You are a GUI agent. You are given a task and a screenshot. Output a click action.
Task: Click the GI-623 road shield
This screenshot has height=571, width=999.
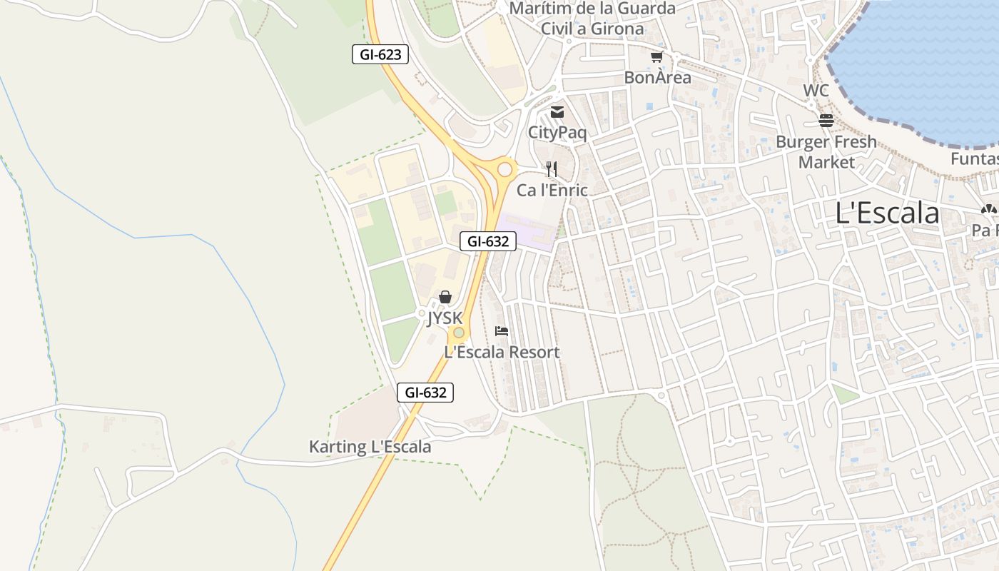[x=380, y=54]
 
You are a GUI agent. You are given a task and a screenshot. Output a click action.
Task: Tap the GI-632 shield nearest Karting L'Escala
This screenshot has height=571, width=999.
[x=425, y=392]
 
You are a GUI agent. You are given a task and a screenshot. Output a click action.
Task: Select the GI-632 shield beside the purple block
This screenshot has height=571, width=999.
[x=487, y=241]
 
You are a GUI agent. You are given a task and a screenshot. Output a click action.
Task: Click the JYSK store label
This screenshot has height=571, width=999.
[x=445, y=318]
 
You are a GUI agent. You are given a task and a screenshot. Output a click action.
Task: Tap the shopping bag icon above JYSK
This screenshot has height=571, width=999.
[x=445, y=297]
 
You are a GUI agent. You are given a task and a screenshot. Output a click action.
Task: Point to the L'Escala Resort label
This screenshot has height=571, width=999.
[x=502, y=352]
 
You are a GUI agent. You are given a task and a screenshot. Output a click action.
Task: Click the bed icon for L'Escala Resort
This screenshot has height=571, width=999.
[x=502, y=331]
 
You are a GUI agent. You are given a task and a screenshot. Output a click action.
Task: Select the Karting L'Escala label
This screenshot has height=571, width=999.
[x=370, y=447]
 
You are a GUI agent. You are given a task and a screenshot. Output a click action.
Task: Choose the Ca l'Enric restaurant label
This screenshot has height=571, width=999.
[x=552, y=190]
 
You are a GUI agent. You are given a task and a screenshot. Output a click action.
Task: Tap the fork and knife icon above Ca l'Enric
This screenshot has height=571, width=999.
[x=551, y=169]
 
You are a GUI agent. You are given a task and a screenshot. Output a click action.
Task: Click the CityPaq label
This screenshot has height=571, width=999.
[x=557, y=132]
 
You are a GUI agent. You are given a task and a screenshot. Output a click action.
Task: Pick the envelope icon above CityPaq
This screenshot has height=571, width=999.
[x=557, y=112]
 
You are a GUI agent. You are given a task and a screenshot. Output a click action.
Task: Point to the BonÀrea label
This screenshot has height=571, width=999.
[x=657, y=77]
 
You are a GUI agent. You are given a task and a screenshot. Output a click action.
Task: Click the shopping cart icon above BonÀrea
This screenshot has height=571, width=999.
[x=656, y=56]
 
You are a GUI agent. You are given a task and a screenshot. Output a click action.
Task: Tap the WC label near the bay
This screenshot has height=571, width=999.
[x=816, y=91]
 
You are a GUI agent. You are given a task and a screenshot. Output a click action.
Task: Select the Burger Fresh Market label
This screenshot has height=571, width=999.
[x=826, y=152]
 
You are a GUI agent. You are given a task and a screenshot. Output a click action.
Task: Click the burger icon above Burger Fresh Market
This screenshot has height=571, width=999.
[x=826, y=121]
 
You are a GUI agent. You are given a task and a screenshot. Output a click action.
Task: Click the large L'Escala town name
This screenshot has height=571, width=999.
[x=888, y=213]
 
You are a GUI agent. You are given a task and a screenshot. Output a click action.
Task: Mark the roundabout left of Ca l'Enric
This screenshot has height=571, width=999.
[x=505, y=170]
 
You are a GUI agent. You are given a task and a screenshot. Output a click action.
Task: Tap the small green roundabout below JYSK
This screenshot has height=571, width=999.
[x=458, y=333]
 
